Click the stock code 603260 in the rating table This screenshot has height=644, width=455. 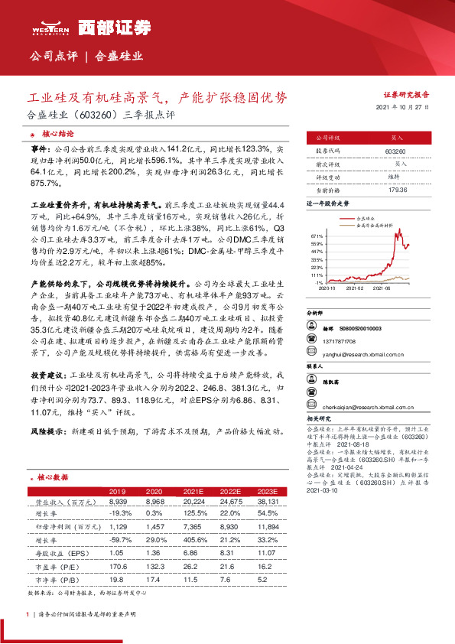tap(395, 152)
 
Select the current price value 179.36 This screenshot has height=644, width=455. tap(395, 190)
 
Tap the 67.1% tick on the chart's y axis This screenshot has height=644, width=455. tap(319, 236)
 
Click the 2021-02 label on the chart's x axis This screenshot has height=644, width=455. tap(356, 289)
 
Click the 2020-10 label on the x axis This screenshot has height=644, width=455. tap(327, 289)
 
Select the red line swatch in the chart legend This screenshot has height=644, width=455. tap(351, 218)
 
